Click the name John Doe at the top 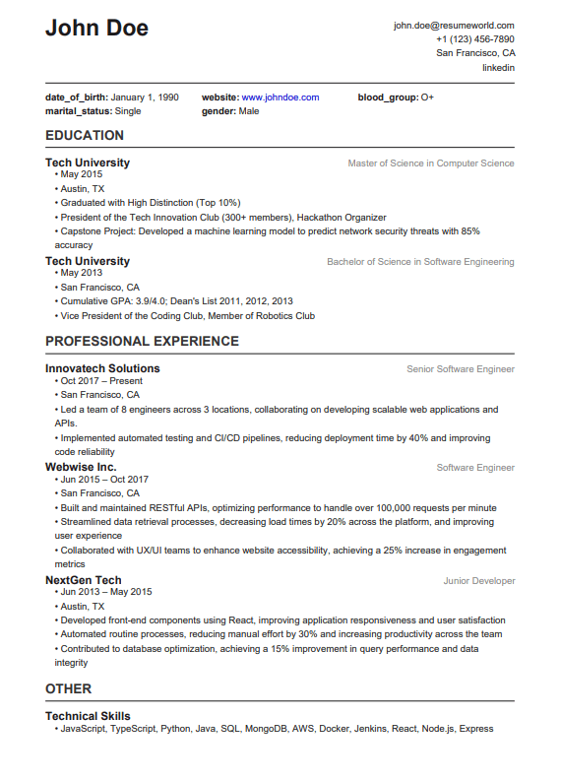[96, 29]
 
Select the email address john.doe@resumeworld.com [454, 26]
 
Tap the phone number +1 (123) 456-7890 [474, 39]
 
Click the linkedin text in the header [498, 68]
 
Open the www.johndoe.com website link [280, 98]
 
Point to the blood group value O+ [427, 98]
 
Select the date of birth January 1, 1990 [145, 98]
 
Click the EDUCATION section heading [85, 136]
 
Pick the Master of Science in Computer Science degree [431, 163]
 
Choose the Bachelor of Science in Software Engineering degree [420, 262]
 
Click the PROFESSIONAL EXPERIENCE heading [142, 342]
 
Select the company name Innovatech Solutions [102, 368]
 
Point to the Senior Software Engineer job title [461, 369]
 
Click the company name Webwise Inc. [81, 467]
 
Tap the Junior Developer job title [478, 581]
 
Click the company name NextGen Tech [84, 580]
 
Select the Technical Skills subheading [88, 716]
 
